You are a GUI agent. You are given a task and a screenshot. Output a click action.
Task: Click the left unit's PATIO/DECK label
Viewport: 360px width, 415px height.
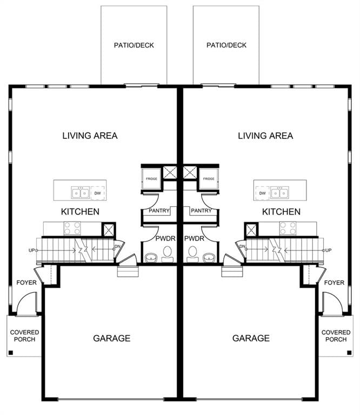(134, 45)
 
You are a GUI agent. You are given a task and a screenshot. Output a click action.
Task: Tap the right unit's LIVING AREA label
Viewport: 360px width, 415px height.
(265, 136)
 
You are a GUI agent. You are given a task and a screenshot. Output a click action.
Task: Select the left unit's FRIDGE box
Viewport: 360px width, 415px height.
(151, 179)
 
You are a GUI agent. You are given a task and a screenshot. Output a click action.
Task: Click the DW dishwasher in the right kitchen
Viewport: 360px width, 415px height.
(262, 193)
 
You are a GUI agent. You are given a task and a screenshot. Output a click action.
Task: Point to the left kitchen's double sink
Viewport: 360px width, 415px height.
(80, 193)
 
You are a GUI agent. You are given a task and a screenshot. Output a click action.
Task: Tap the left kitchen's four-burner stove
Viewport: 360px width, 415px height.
(72, 229)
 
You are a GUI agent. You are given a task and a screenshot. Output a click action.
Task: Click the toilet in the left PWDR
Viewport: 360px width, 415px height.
(167, 254)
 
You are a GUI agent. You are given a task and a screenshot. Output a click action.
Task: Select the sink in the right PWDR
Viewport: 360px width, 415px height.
(209, 258)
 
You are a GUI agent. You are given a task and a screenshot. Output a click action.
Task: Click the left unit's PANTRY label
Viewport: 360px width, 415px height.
(159, 211)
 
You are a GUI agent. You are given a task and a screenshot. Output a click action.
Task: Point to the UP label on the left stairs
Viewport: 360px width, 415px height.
(31, 250)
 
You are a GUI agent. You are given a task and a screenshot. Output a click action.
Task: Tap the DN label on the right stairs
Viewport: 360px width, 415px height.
(242, 246)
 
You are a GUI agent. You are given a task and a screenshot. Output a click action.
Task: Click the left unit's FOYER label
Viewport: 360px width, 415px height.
(26, 283)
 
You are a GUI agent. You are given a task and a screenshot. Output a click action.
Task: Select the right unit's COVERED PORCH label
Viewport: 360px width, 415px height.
(336, 336)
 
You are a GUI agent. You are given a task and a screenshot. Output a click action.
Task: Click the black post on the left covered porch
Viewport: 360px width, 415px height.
(11, 352)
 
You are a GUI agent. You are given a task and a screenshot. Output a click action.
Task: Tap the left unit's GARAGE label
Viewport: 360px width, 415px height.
(112, 338)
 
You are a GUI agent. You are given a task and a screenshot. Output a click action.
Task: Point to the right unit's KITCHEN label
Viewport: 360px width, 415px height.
(281, 212)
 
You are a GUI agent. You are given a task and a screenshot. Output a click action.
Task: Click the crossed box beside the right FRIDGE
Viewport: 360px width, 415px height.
(190, 172)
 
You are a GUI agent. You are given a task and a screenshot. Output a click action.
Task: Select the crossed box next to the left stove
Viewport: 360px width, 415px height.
(109, 230)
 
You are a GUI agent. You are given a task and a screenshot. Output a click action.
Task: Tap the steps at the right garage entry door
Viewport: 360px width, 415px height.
(232, 272)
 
